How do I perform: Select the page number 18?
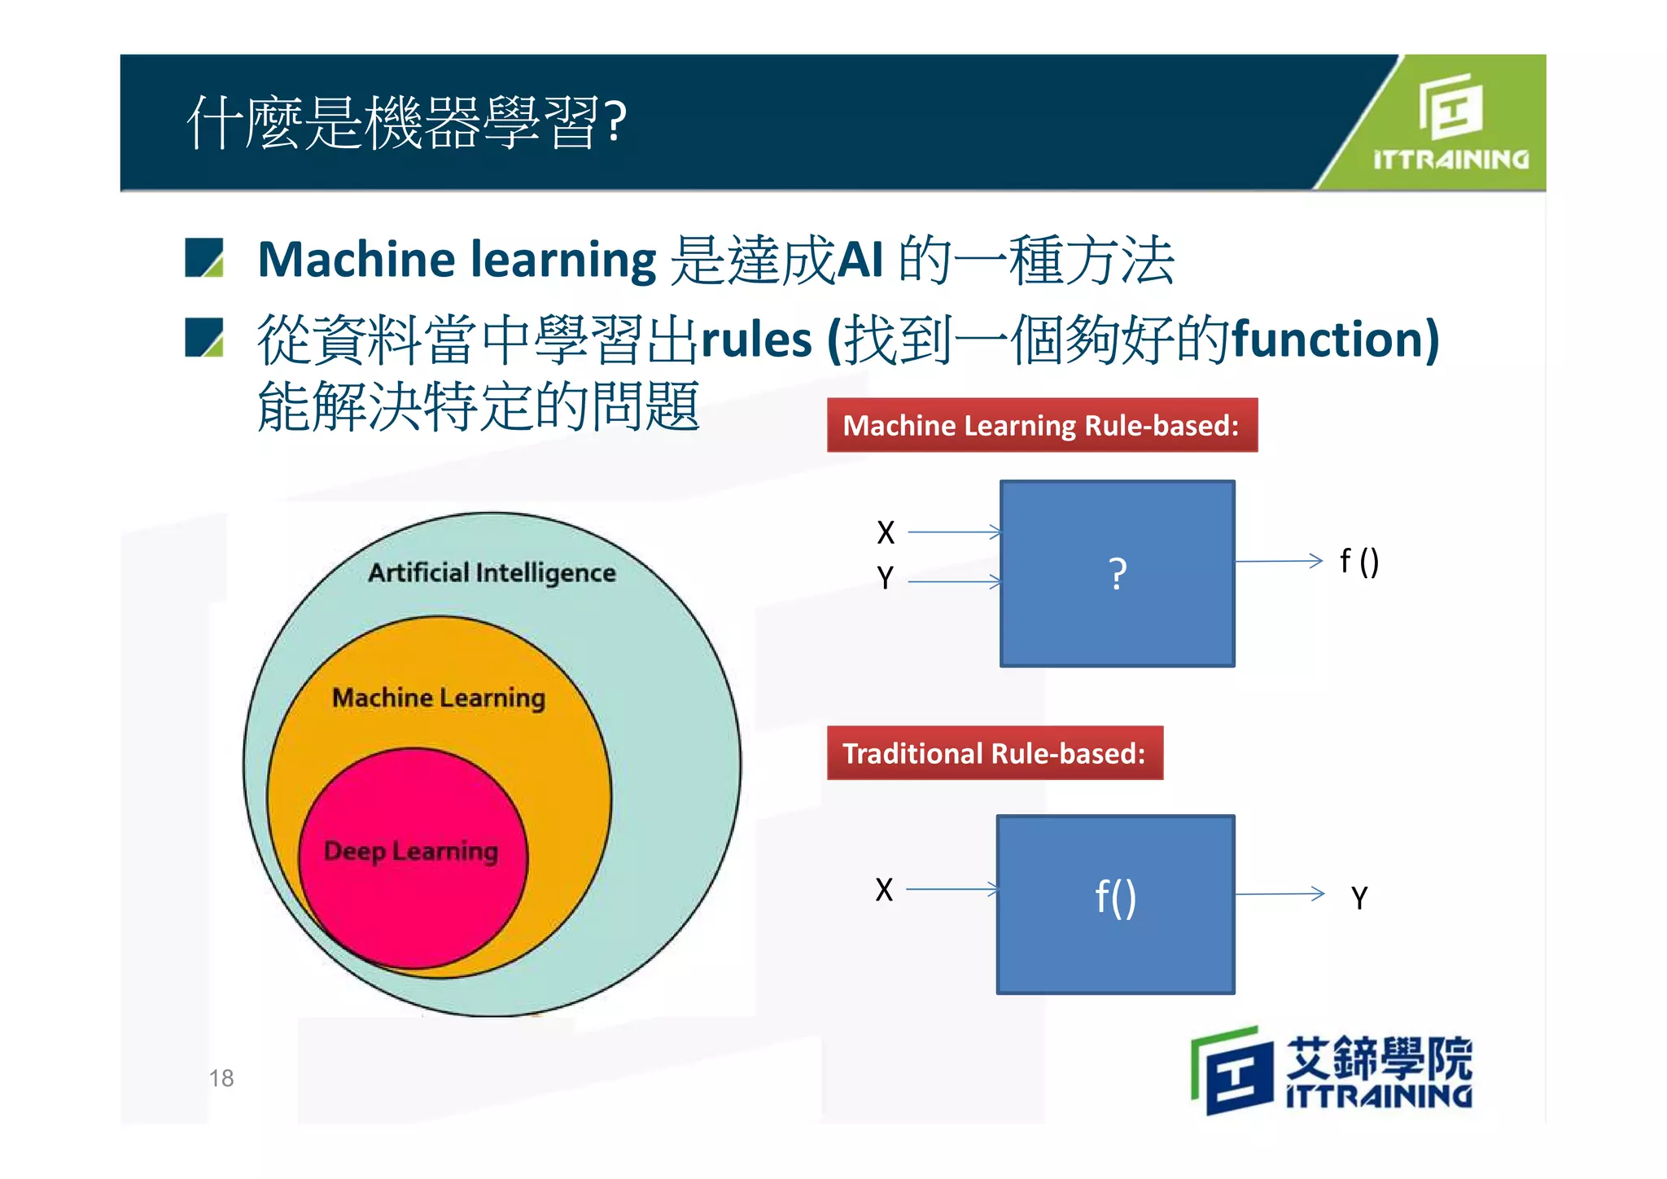221,1078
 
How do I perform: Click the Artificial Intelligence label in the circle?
492,572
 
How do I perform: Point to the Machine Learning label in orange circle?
439,698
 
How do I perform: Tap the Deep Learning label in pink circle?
410,851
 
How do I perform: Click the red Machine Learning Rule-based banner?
1041,426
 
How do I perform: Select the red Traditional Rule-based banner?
994,753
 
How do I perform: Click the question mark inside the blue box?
1118,574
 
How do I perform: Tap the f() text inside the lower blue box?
1115,897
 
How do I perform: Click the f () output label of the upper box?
1359,561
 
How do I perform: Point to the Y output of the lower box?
1359,898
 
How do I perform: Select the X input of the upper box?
886,533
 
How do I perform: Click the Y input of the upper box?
886,578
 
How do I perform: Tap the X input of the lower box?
884,890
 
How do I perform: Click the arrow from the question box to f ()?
1278,561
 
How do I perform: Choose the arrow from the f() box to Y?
1280,894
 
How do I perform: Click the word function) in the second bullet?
1336,339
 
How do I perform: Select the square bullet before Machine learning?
204,258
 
